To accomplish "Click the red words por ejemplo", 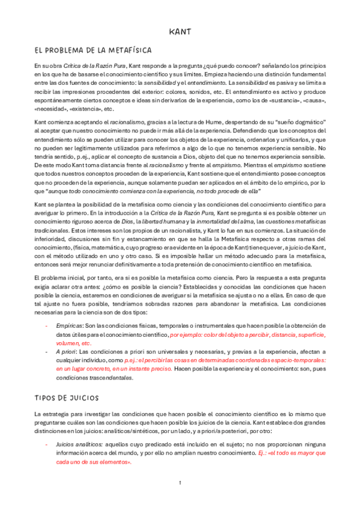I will pyautogui.click(x=186, y=334).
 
